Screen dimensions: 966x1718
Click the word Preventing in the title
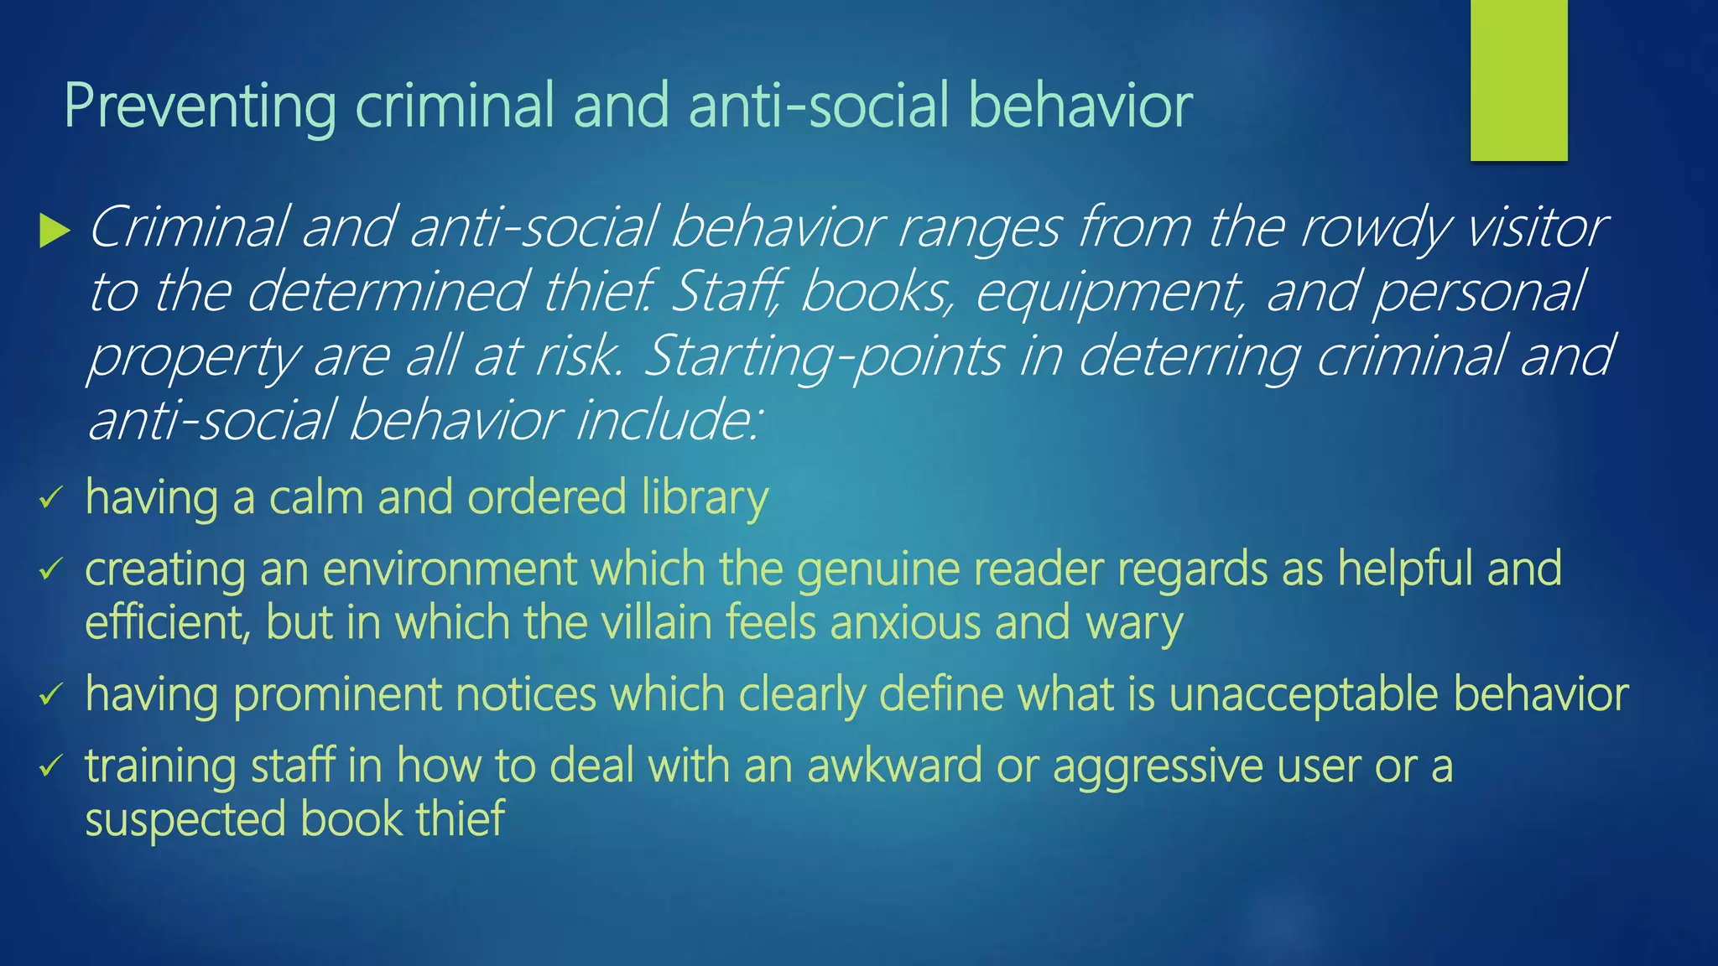pos(200,107)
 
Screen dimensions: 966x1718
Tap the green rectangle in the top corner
pos(1518,80)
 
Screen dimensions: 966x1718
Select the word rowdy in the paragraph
pos(1375,228)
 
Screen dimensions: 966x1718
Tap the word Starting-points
pos(823,356)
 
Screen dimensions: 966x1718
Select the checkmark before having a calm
pos(51,499)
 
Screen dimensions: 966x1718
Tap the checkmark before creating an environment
pos(51,570)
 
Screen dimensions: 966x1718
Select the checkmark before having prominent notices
pos(51,695)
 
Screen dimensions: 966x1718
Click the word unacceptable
pos(1304,695)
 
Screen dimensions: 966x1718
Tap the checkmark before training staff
pos(51,766)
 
